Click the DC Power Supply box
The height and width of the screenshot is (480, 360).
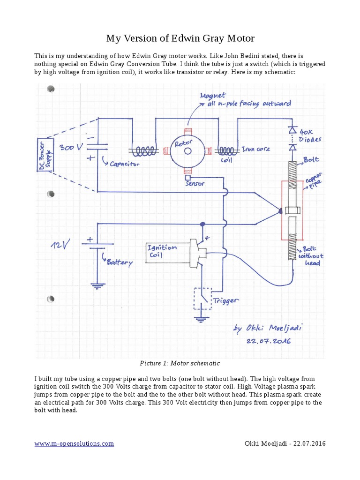pyautogui.click(x=45, y=155)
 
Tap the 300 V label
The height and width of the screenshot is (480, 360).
pyautogui.click(x=71, y=147)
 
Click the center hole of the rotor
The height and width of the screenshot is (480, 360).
pyautogui.click(x=188, y=151)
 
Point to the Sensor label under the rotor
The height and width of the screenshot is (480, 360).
pyautogui.click(x=195, y=184)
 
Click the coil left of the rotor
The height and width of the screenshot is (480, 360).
pyautogui.click(x=144, y=151)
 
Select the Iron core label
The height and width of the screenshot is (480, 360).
pyautogui.click(x=255, y=150)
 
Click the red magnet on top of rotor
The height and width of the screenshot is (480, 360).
pyautogui.click(x=188, y=132)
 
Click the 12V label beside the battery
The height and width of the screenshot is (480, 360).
pyautogui.click(x=61, y=244)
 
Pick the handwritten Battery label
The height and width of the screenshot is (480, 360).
pyautogui.click(x=120, y=262)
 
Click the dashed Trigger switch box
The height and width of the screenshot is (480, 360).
pyautogui.click(x=202, y=298)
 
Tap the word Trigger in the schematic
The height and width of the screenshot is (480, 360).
pyautogui.click(x=226, y=300)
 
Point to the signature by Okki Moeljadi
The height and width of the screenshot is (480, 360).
pyautogui.click(x=268, y=329)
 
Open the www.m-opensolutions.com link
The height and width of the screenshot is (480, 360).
pyautogui.click(x=74, y=443)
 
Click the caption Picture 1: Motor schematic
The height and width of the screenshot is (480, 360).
pyautogui.click(x=180, y=363)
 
